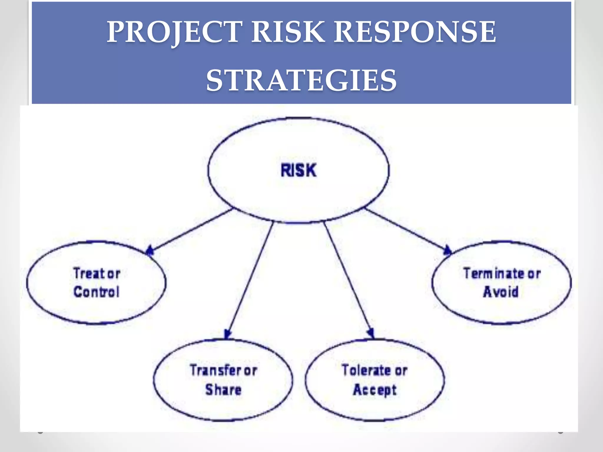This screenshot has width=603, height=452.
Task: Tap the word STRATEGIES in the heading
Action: [301, 80]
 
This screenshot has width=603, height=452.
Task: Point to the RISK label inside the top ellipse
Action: [299, 171]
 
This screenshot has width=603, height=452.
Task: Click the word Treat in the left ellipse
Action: [89, 273]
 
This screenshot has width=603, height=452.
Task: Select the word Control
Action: [97, 292]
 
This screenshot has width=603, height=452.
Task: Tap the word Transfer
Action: [216, 370]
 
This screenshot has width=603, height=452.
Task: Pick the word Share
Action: [223, 390]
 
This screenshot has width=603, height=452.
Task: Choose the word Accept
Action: [375, 390]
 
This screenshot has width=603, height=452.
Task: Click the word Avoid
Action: [501, 292]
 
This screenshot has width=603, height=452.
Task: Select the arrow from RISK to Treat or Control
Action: [191, 230]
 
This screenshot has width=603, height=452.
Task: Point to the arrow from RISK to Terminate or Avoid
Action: [406, 230]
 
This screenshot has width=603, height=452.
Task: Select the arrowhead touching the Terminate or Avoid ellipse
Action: [447, 250]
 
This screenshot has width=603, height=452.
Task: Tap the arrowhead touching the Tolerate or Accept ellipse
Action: [371, 334]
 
